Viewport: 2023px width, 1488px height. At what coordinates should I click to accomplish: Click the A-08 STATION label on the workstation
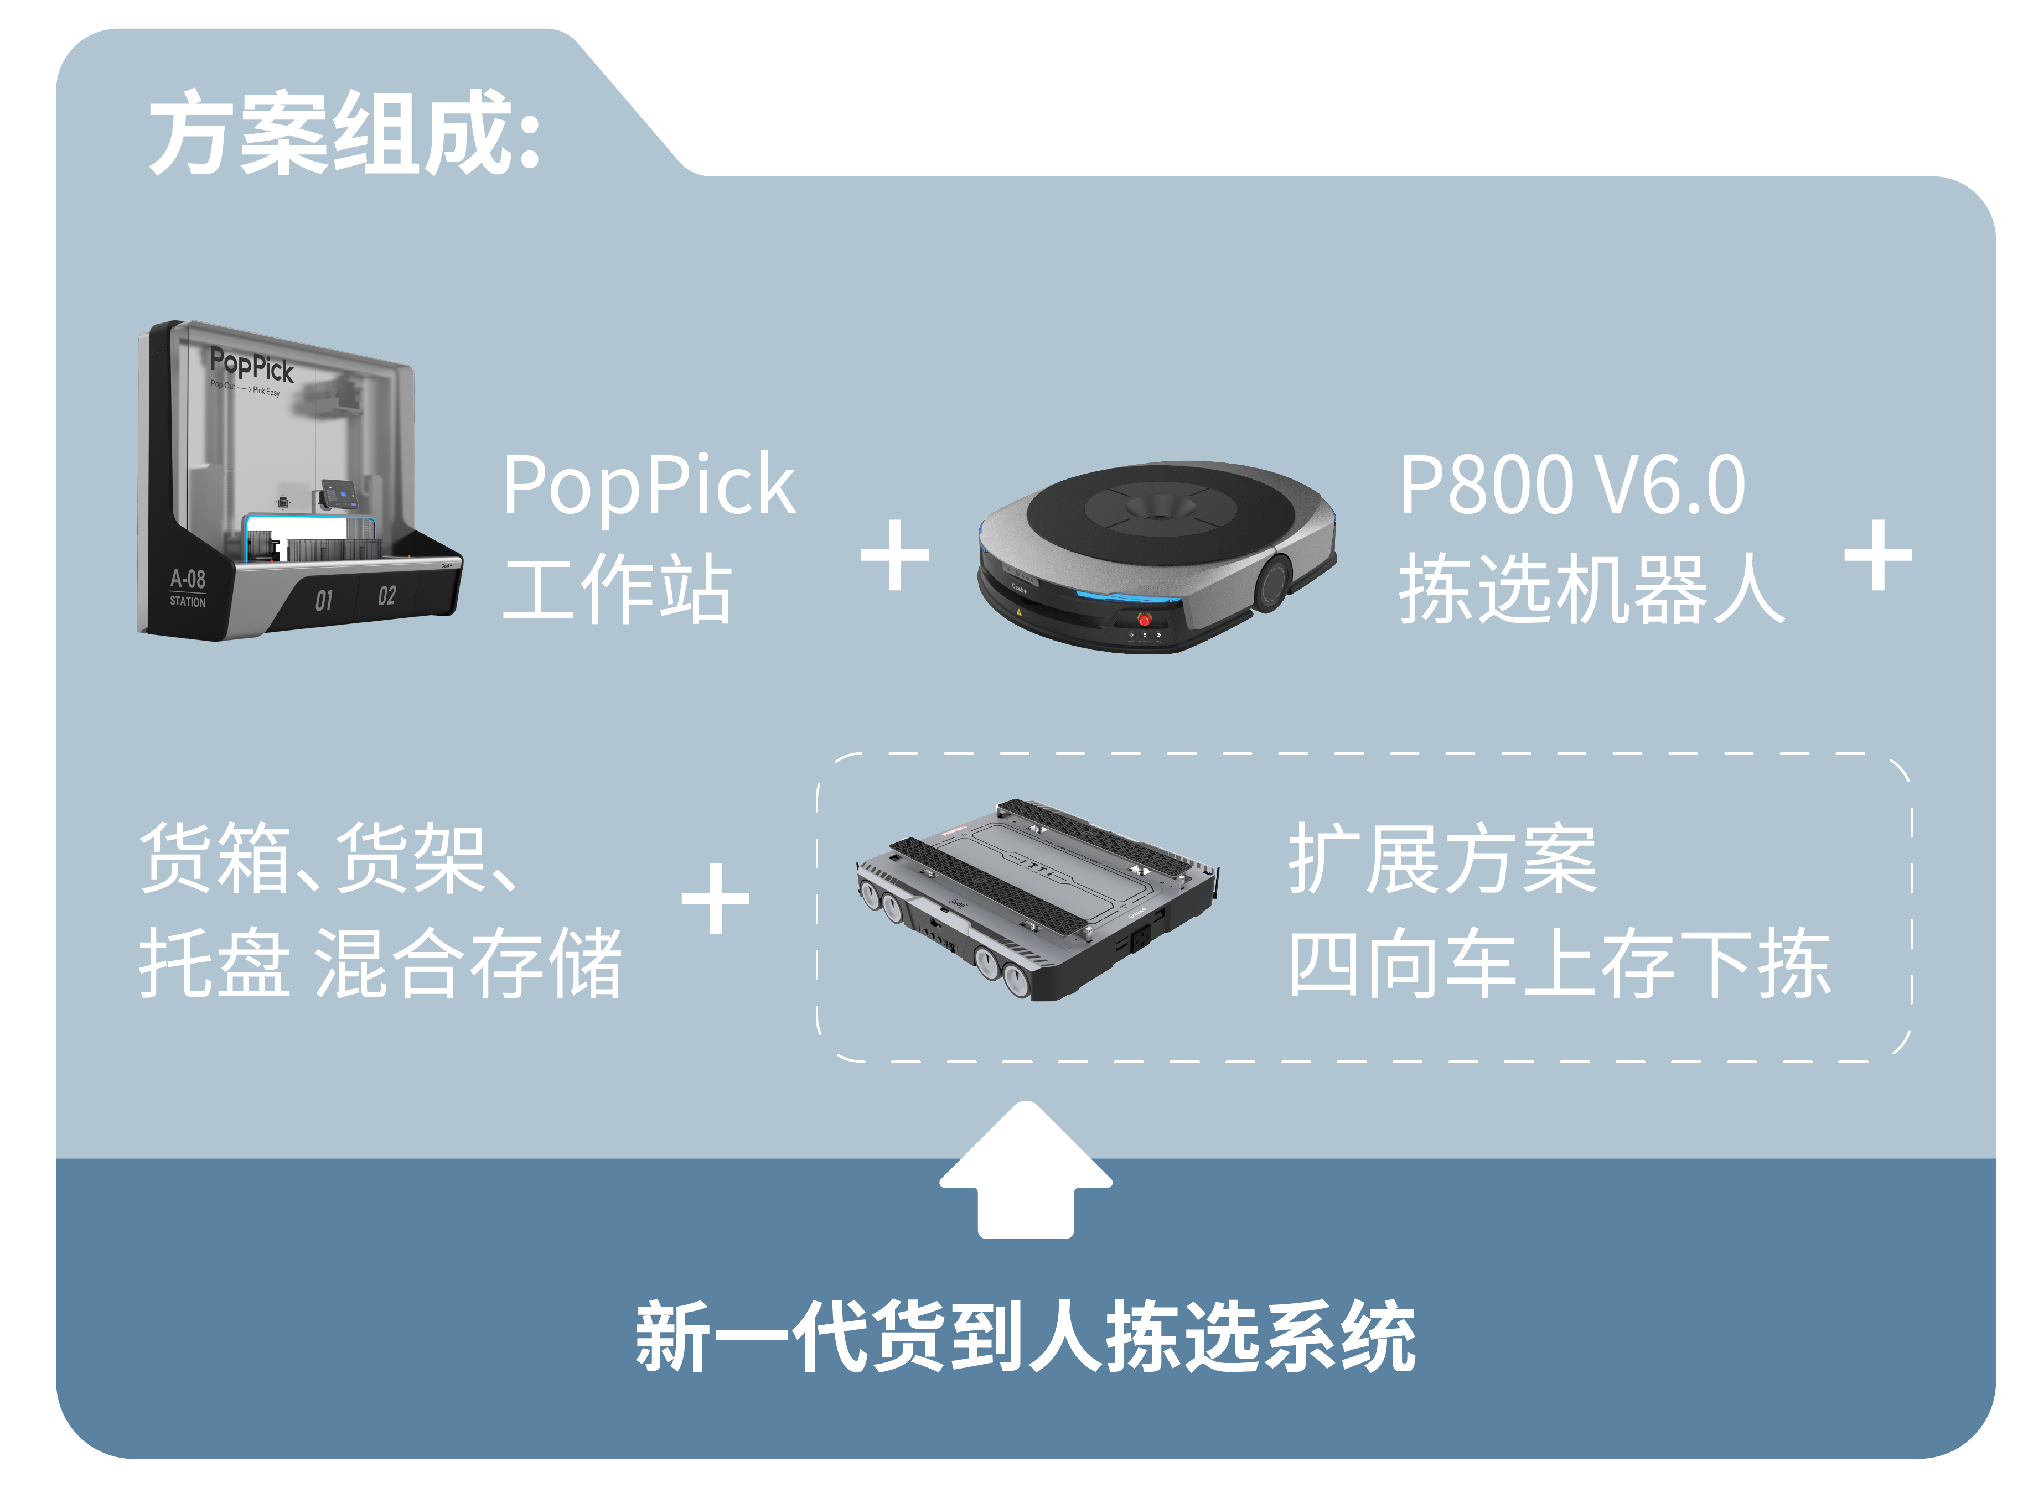[188, 587]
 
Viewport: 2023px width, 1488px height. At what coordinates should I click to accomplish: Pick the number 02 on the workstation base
[386, 595]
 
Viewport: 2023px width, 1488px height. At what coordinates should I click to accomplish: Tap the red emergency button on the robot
[1144, 619]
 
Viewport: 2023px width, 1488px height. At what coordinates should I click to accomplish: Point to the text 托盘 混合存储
[380, 963]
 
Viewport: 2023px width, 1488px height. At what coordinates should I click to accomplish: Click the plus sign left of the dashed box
[716, 898]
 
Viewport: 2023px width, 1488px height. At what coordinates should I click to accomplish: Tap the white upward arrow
[1026, 1171]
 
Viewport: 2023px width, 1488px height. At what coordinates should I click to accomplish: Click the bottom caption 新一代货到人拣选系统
[1026, 1336]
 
